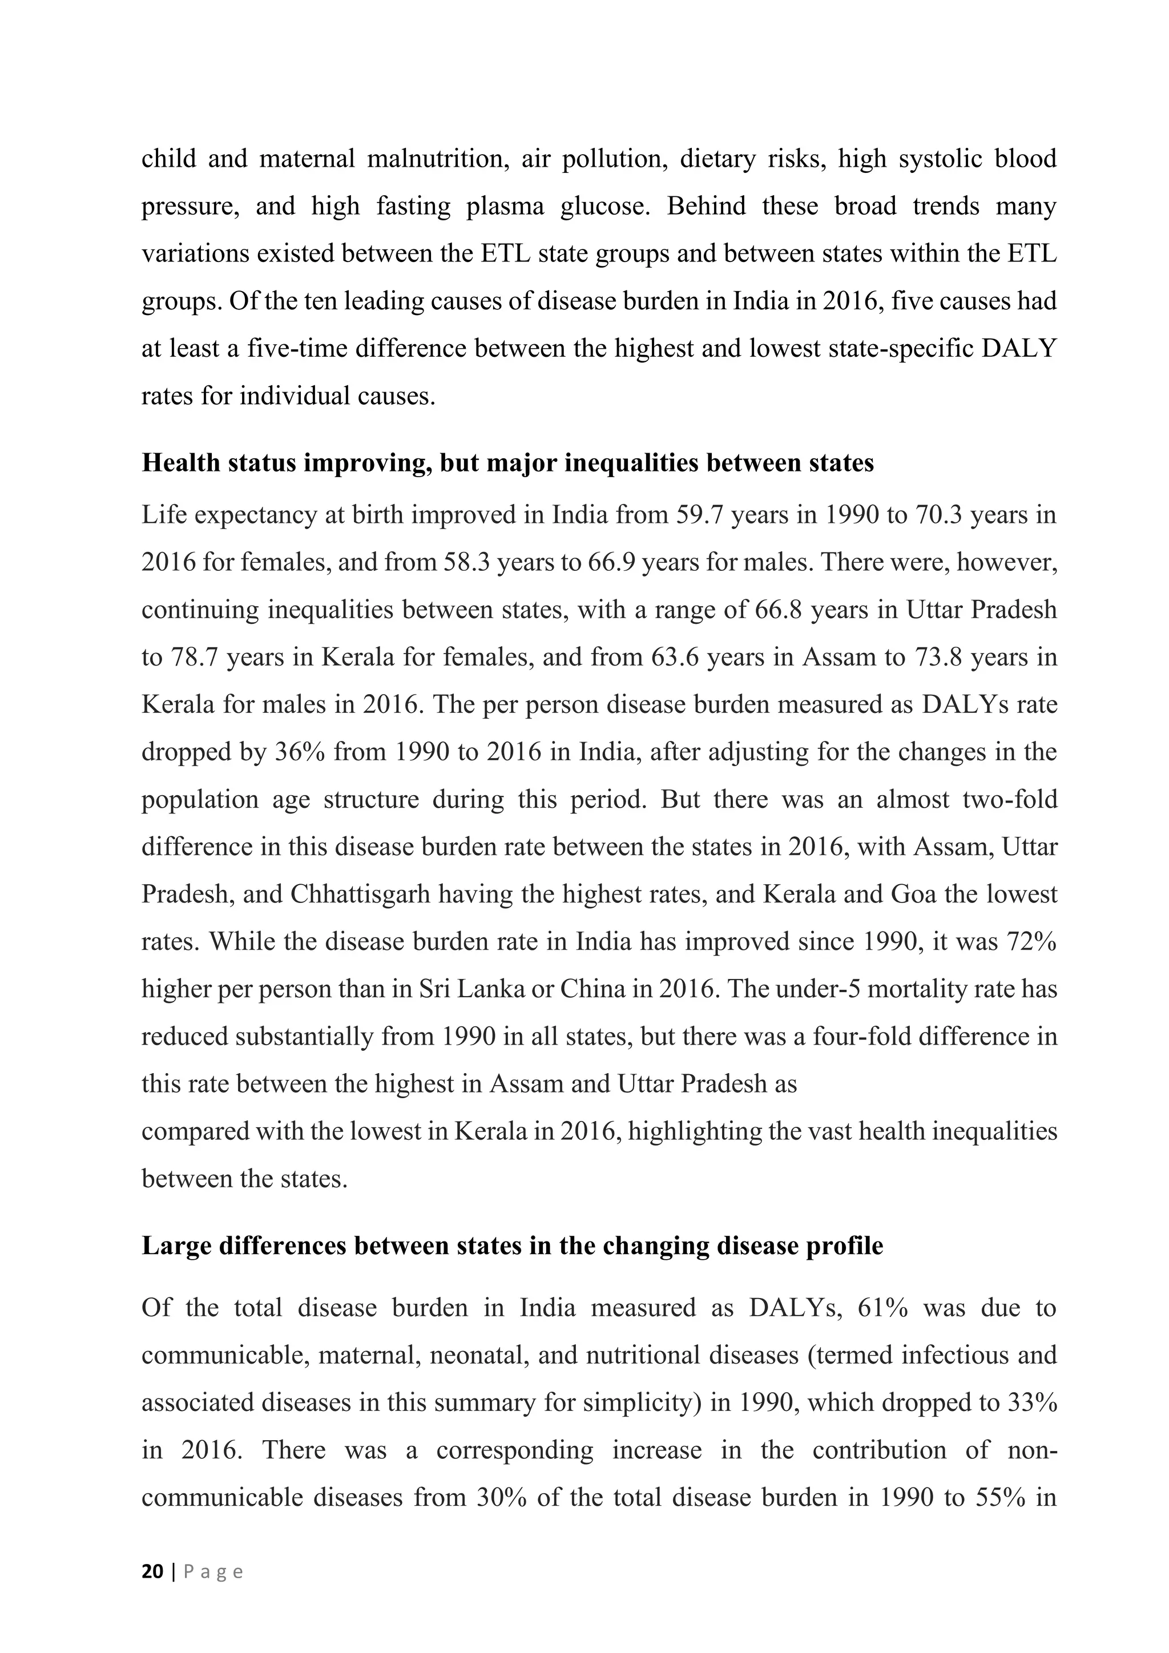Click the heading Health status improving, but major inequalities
coord(507,462)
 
